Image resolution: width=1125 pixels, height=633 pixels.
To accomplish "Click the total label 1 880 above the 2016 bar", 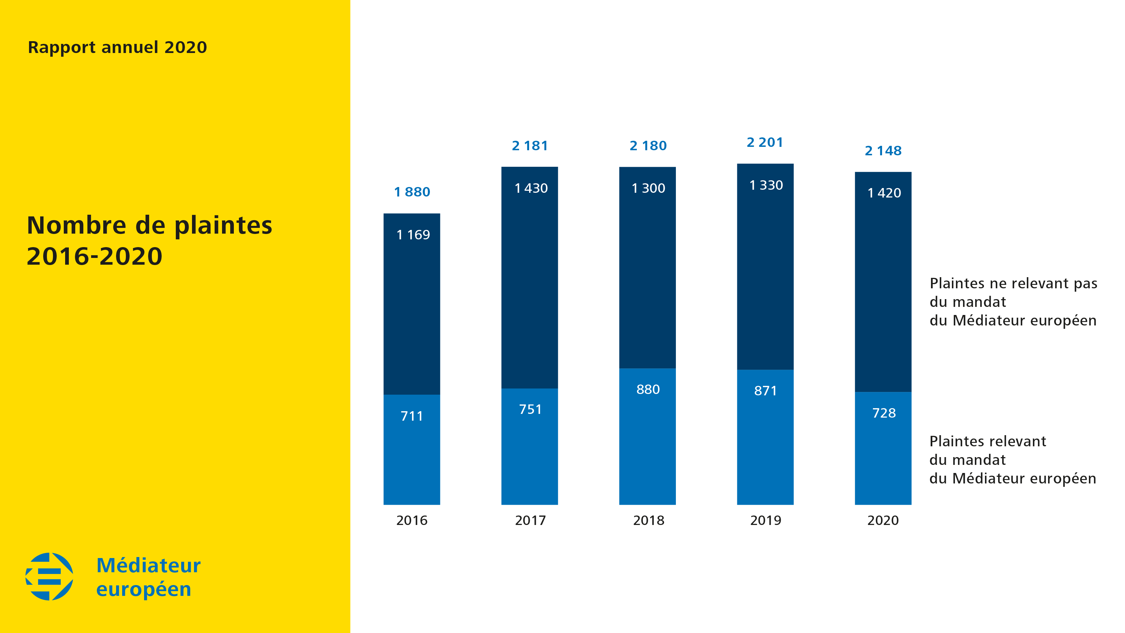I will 412,192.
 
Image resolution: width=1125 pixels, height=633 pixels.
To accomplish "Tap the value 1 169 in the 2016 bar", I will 413,235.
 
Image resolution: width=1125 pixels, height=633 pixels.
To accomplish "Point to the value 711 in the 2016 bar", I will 412,416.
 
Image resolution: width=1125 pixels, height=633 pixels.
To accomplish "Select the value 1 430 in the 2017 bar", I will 531,188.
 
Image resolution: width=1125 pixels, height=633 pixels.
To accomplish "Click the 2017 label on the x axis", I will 530,520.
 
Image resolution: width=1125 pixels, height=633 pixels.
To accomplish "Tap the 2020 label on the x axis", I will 883,520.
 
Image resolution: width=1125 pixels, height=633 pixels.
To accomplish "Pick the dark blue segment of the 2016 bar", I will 412,315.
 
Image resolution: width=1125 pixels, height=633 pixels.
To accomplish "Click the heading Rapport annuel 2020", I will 117,47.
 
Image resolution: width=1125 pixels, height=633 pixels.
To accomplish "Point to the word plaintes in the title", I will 223,226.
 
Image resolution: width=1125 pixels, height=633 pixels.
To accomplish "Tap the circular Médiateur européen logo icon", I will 49,576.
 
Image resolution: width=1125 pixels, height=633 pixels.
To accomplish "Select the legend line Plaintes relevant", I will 987,441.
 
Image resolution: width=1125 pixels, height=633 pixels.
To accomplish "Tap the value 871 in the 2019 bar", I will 765,391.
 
